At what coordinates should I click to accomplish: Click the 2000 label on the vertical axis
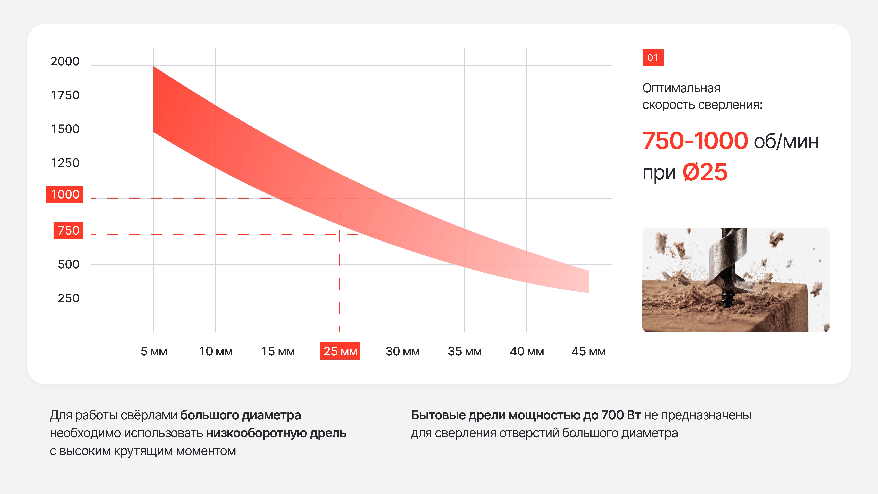[x=65, y=61]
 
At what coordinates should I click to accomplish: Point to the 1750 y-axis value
[x=65, y=95]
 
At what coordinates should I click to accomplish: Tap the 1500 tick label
[x=65, y=129]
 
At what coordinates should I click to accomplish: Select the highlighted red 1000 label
[x=65, y=194]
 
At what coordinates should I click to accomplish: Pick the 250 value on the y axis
[x=68, y=298]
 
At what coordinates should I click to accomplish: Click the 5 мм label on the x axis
[x=154, y=351]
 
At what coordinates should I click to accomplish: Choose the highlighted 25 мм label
[x=340, y=351]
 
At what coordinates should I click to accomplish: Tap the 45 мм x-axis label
[x=589, y=351]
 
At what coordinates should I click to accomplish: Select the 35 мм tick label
[x=465, y=351]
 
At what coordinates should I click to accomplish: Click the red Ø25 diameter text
[x=705, y=172]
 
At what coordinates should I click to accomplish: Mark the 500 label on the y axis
[x=68, y=265]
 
